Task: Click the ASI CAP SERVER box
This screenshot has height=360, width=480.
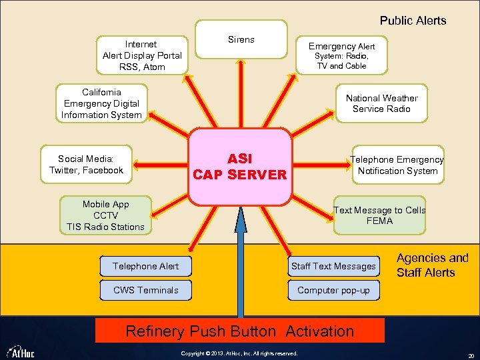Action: click(239, 167)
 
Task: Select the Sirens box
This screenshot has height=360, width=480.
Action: click(241, 40)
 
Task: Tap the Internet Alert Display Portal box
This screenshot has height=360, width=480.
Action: click(142, 55)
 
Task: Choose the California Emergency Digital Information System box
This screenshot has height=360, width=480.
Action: click(101, 104)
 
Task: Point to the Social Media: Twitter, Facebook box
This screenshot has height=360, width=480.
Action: click(86, 165)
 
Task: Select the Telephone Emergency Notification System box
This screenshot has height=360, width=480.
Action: click(397, 165)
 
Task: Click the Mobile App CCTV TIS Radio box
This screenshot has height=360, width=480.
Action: click(105, 215)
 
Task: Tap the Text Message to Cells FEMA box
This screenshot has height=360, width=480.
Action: click(379, 215)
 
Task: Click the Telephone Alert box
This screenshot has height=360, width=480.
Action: click(146, 266)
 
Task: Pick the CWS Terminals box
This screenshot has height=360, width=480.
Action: click(146, 290)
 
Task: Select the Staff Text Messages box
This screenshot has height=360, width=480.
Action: click(333, 266)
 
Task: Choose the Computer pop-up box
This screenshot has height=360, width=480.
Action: click(333, 290)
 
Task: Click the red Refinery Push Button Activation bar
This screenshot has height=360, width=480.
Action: click(240, 331)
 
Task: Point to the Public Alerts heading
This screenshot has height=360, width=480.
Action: click(413, 21)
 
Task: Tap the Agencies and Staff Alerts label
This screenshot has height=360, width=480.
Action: click(432, 265)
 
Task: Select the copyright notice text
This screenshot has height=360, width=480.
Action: click(239, 353)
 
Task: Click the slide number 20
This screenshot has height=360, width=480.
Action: click(471, 353)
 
